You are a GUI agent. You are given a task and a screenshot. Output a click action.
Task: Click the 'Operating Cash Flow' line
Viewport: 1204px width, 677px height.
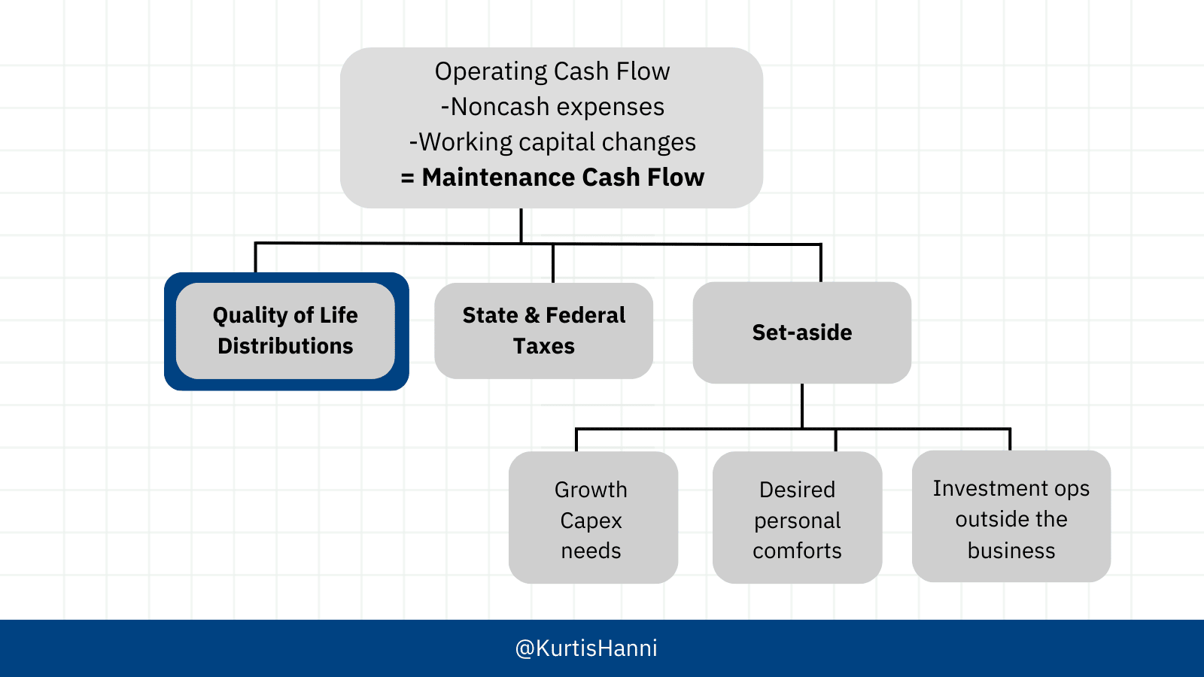(x=552, y=71)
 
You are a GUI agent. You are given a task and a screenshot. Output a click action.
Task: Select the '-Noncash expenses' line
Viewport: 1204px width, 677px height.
(x=552, y=106)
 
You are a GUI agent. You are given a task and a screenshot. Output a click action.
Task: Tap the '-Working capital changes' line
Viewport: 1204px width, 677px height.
(x=552, y=142)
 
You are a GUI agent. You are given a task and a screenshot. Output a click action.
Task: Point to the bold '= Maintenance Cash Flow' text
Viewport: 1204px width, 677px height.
(x=552, y=178)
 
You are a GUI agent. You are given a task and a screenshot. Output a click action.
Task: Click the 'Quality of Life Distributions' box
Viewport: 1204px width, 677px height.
(x=287, y=332)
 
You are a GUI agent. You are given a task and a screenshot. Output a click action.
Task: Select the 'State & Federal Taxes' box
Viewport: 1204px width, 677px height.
(x=543, y=331)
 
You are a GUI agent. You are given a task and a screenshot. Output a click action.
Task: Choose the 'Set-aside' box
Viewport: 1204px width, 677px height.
(x=802, y=332)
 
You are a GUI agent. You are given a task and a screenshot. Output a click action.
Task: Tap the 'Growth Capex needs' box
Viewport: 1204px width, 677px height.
(x=594, y=518)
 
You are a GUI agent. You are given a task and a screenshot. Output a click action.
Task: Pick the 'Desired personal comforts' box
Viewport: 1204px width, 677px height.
(x=797, y=518)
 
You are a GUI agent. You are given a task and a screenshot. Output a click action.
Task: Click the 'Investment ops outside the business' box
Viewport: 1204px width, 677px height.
(x=1011, y=516)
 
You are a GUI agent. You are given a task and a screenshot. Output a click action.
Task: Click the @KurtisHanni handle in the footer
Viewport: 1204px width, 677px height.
(x=586, y=648)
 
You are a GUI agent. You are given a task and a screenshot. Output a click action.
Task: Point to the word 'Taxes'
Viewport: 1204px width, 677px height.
(x=543, y=346)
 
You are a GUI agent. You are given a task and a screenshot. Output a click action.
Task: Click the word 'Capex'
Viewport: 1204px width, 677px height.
(x=591, y=521)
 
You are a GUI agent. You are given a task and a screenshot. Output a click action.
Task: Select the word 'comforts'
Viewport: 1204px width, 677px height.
(x=797, y=551)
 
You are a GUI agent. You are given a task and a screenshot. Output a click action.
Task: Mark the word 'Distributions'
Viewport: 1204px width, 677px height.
(x=285, y=346)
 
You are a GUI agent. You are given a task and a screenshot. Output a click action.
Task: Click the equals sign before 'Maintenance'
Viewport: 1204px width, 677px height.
(x=407, y=178)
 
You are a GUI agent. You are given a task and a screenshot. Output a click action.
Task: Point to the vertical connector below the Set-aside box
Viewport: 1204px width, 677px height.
(x=802, y=405)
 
